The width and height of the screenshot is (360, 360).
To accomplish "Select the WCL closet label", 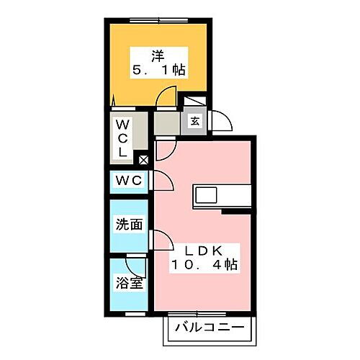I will coord(122,138).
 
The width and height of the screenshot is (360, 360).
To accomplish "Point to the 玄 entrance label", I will coord(195,122).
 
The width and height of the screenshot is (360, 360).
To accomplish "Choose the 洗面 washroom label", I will coord(129,224).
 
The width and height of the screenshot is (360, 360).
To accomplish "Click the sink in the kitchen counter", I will coord(204,196).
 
